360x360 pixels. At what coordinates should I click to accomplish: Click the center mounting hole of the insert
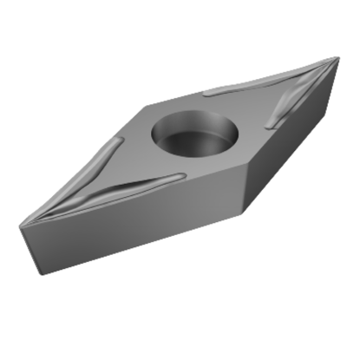point(194,132)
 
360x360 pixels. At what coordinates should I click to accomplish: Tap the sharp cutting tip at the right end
point(337,58)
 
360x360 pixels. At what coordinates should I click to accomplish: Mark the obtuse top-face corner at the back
point(144,105)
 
